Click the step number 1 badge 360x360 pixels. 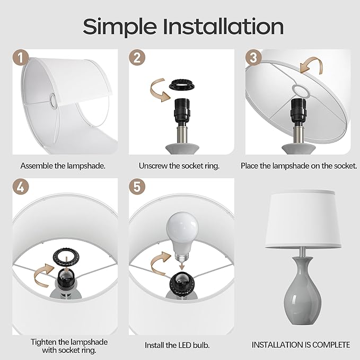[x=21, y=57]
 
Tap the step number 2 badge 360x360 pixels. [x=137, y=57]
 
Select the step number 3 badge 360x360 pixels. [x=253, y=57]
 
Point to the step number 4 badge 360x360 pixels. [x=21, y=187]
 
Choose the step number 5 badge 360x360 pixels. [x=137, y=187]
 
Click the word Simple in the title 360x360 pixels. [x=120, y=27]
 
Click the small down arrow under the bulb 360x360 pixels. [x=182, y=266]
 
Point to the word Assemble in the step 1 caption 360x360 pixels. [x=37, y=166]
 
